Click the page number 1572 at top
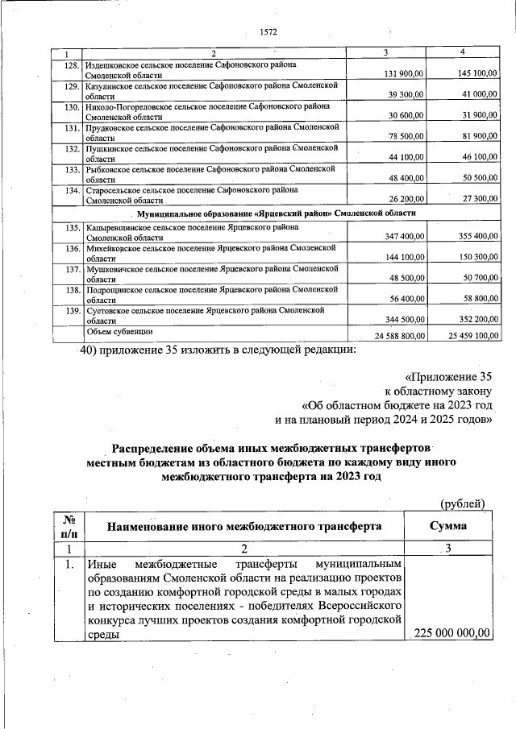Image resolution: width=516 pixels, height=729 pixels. pyautogui.click(x=268, y=32)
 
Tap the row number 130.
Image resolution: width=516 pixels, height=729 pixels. pyautogui.click(x=70, y=106)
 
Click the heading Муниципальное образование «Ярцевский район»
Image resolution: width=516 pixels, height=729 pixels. pyautogui.click(x=277, y=213)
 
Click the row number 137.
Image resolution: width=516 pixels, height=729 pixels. pyautogui.click(x=70, y=268)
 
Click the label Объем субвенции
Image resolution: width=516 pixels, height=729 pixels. pyautogui.click(x=120, y=331)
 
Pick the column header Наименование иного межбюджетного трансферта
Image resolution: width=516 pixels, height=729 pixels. pyautogui.click(x=244, y=527)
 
